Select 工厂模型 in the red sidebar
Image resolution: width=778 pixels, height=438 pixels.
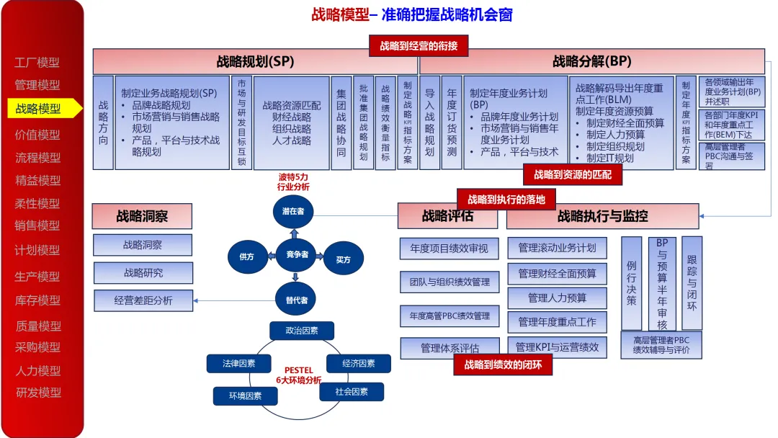click(x=37, y=63)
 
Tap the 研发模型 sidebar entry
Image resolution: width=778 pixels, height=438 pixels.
click(x=39, y=393)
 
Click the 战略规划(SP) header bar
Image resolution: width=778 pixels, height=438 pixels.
click(x=255, y=61)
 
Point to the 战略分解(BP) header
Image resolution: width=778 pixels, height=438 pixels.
click(x=591, y=61)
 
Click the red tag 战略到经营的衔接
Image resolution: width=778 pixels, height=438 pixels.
click(x=419, y=46)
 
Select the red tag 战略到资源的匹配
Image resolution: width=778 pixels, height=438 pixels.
click(x=573, y=174)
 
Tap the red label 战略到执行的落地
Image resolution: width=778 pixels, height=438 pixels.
click(x=506, y=199)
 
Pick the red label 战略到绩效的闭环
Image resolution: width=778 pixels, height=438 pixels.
click(x=503, y=365)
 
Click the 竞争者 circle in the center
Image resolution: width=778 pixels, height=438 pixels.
click(x=297, y=254)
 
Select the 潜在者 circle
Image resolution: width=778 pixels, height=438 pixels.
click(x=294, y=212)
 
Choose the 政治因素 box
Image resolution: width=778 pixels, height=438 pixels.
click(x=301, y=331)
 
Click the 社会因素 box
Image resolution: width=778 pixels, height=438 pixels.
click(x=352, y=392)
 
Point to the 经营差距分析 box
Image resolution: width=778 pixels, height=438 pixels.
click(x=143, y=300)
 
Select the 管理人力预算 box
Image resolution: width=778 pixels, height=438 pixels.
click(x=557, y=298)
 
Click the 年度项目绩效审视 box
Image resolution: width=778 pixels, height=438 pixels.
click(x=450, y=249)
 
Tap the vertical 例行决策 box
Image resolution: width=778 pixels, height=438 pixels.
click(x=631, y=283)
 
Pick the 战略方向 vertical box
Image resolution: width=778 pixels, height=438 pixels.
click(x=103, y=122)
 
